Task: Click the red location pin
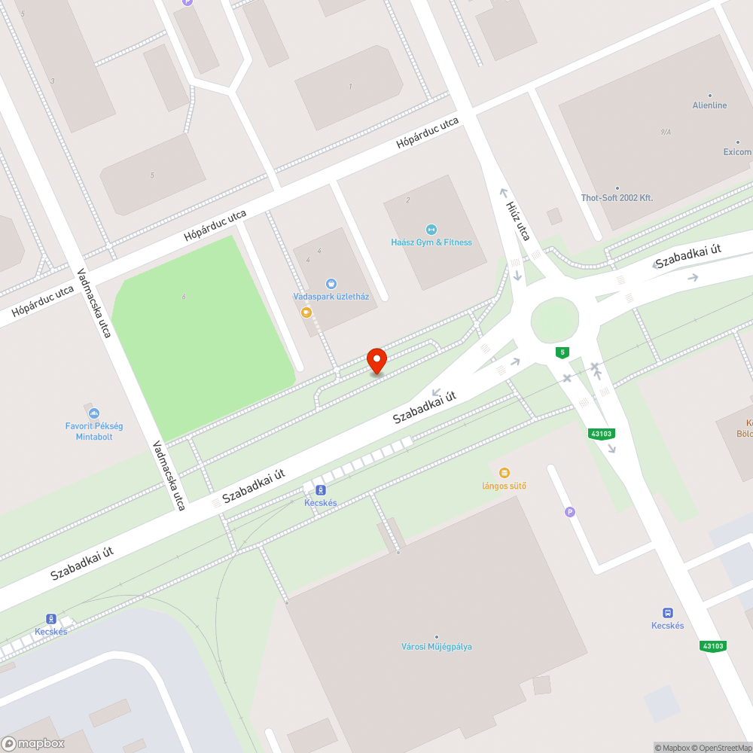pyautogui.click(x=376, y=361)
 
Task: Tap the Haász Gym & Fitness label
pyautogui.click(x=431, y=242)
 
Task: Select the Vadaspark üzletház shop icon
pyautogui.click(x=331, y=284)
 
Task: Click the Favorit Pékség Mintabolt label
pyautogui.click(x=94, y=431)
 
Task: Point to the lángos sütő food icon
pyautogui.click(x=505, y=473)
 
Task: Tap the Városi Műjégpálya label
pyautogui.click(x=437, y=647)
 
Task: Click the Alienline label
pyautogui.click(x=709, y=105)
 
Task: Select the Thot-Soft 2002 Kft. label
pyautogui.click(x=617, y=198)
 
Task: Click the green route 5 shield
pyautogui.click(x=562, y=352)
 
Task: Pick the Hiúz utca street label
pyautogui.click(x=518, y=220)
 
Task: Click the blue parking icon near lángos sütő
pyautogui.click(x=570, y=512)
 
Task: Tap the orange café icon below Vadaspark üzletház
pyautogui.click(x=306, y=312)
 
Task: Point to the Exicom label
pyautogui.click(x=737, y=152)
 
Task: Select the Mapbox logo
pyautogui.click(x=34, y=743)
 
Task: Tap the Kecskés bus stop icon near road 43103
pyautogui.click(x=667, y=612)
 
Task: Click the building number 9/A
pyautogui.click(x=666, y=133)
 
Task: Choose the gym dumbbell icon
pyautogui.click(x=431, y=229)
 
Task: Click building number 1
pyautogui.click(x=350, y=87)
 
